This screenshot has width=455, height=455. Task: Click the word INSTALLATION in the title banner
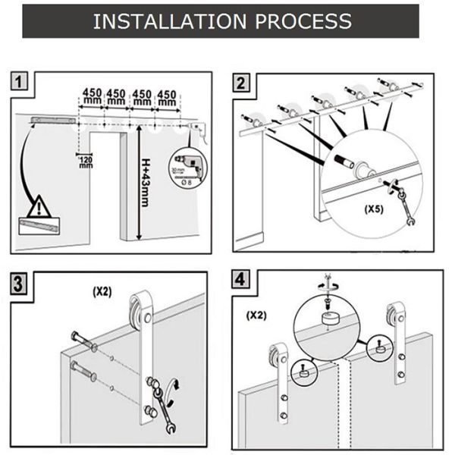(x=162, y=20)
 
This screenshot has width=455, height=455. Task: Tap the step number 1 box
(x=22, y=81)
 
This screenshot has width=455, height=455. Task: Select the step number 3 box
(x=22, y=284)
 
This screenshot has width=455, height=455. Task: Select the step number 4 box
(x=241, y=280)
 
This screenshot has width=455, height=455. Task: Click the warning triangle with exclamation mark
(x=36, y=206)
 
